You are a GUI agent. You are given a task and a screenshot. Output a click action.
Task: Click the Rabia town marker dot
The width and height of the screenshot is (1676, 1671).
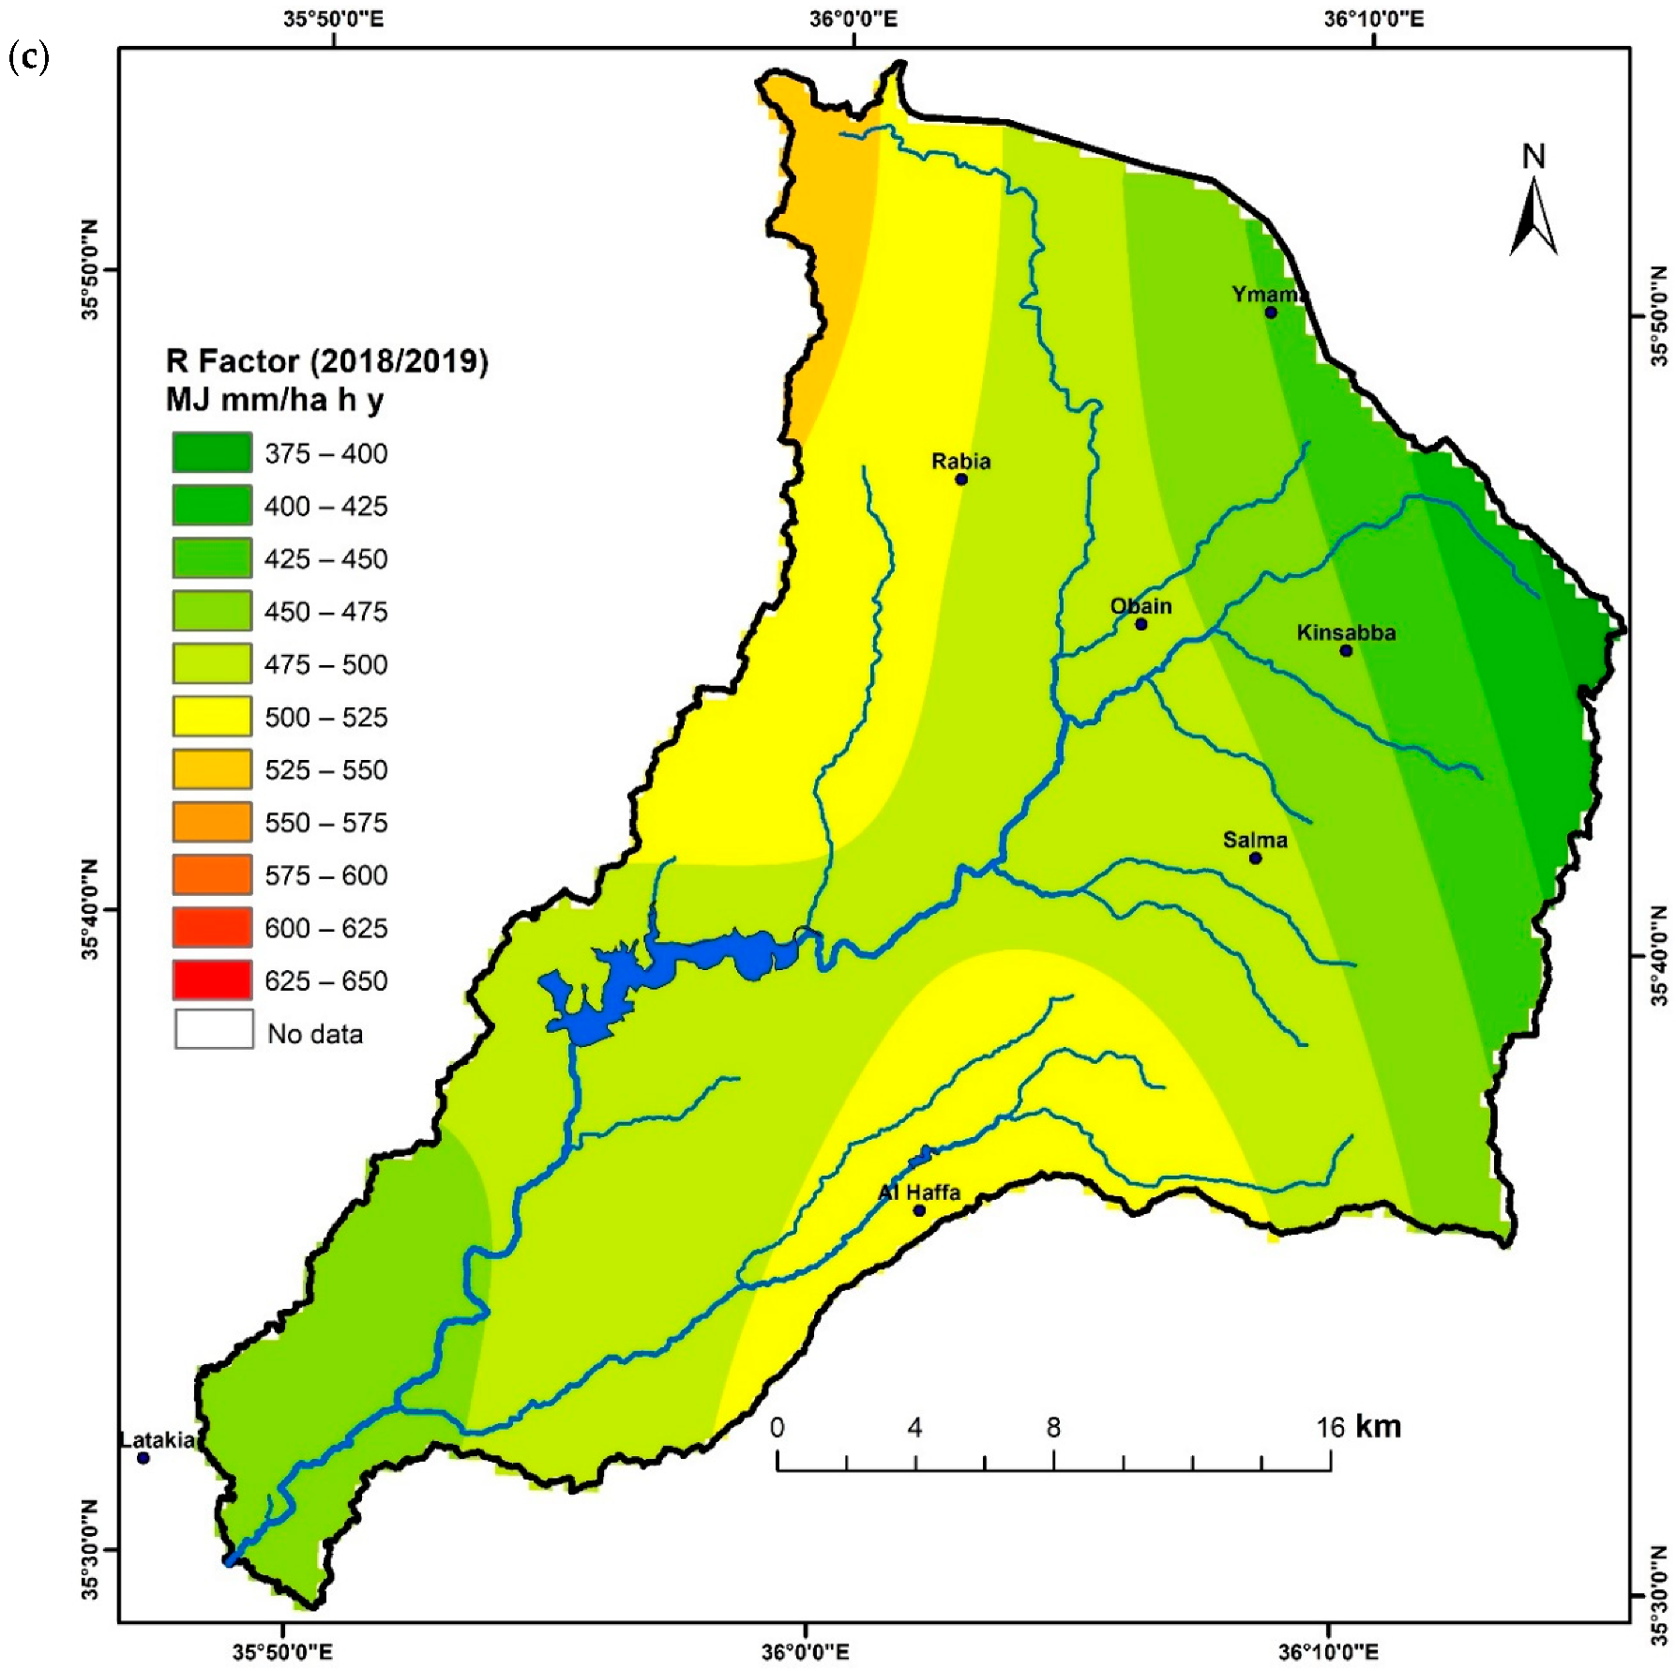960,479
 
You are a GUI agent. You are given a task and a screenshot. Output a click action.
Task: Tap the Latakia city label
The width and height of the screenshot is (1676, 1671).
158,1439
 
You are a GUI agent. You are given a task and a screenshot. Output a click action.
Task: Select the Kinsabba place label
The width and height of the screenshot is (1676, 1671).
1345,632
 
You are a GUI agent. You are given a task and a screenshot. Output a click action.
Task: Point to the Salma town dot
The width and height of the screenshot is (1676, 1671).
1255,858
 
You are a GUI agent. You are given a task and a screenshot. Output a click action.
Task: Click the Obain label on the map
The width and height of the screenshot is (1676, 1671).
1140,606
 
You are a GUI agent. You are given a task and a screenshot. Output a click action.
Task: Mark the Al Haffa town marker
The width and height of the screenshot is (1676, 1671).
919,1210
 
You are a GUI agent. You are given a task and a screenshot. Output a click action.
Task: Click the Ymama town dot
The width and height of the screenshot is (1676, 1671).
1270,312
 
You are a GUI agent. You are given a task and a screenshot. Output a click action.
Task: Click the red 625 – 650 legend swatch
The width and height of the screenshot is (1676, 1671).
212,980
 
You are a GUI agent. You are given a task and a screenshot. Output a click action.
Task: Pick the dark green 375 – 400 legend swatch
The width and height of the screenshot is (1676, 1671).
212,452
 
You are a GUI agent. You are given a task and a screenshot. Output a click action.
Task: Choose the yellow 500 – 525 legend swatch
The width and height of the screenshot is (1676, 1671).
212,717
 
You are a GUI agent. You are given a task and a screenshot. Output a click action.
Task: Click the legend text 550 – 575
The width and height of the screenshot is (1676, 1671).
325,823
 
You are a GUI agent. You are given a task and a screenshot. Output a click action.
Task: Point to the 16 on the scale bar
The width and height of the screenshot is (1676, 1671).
1330,1427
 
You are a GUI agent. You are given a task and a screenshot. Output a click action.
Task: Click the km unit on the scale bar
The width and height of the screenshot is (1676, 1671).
1378,1426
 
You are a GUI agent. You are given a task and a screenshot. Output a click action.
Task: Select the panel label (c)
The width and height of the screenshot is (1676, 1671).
28,57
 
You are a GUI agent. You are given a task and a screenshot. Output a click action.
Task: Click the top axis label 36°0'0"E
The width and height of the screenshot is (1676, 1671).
853,19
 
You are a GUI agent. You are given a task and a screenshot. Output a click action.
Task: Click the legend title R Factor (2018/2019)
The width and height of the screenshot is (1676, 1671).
326,361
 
